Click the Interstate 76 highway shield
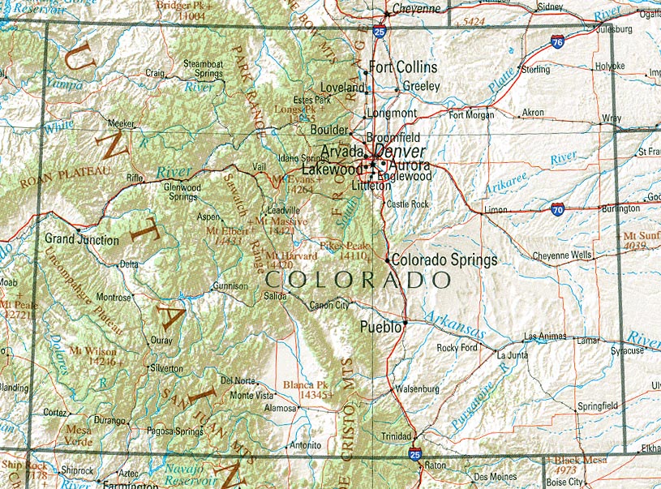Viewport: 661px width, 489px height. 557,42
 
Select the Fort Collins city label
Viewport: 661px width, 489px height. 403,67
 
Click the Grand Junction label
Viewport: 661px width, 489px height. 81,240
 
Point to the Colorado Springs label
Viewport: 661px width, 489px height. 444,260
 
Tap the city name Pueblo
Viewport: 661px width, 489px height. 380,327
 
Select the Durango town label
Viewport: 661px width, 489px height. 109,421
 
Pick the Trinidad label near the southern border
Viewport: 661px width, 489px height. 397,436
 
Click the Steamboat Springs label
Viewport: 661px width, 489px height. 202,68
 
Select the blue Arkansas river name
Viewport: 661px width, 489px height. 456,324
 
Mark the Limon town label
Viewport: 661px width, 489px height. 495,210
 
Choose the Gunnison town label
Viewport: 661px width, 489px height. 230,286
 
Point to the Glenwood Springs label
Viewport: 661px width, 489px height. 182,191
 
